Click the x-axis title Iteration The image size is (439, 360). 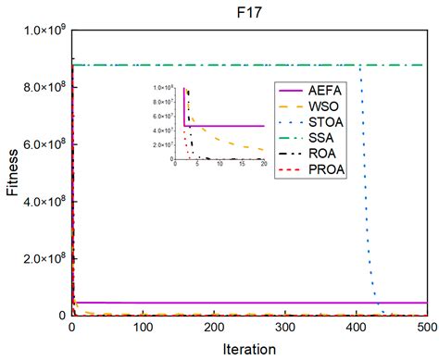[249, 350]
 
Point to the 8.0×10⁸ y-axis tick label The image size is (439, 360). [43, 88]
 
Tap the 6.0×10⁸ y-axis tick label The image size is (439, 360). [43, 145]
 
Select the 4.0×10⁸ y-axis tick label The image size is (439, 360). [43, 202]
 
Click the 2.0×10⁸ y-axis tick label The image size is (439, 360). [43, 259]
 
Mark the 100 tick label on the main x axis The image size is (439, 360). [144, 328]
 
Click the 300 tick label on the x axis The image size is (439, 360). [286, 328]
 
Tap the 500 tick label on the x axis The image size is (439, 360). [427, 328]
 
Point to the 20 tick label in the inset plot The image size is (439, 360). [264, 165]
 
